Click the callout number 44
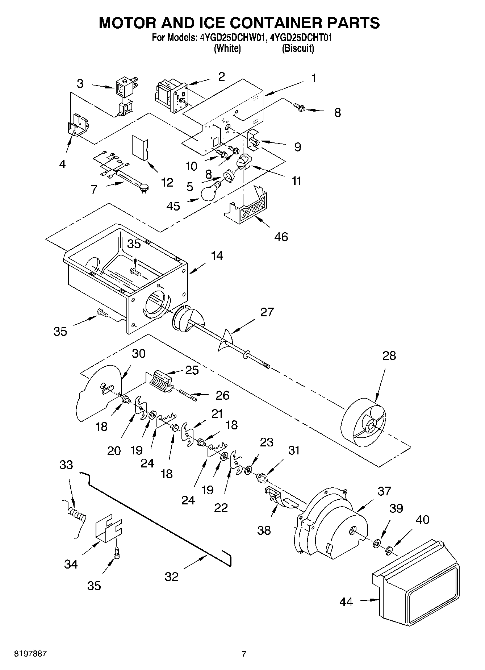click(346, 602)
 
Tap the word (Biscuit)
click(298, 48)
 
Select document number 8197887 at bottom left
click(30, 654)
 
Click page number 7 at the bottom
click(244, 654)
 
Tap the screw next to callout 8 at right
click(300, 107)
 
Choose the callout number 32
click(172, 577)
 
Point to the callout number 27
click(267, 312)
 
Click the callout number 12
click(167, 183)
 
